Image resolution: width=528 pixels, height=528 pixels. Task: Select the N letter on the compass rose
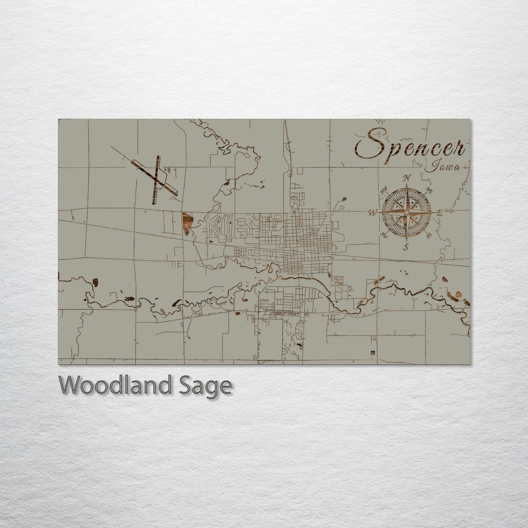406,178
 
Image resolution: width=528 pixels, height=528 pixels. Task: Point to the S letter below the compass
406,247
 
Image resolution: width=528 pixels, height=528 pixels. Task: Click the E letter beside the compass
440,213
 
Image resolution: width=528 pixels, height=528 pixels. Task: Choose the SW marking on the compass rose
384,235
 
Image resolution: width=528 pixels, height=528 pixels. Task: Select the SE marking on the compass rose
429,235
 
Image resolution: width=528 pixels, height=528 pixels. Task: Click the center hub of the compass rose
406,212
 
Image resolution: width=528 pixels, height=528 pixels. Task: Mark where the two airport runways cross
156,180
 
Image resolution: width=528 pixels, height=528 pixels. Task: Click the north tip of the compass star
406,185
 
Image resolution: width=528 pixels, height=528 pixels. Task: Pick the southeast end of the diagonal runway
177,193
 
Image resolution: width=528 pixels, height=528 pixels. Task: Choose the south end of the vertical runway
153,203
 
